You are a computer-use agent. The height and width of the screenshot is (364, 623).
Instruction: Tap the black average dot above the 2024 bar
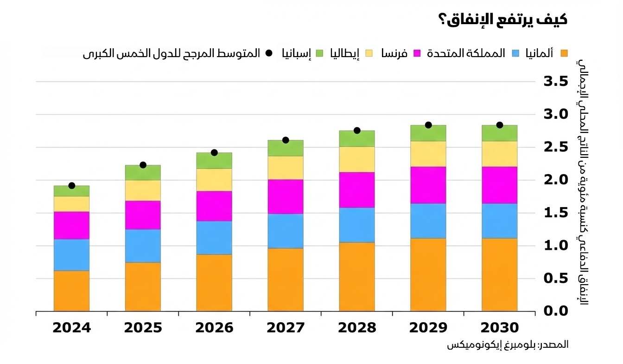tap(71, 186)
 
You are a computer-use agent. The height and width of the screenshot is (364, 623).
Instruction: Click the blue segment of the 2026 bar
tap(214, 237)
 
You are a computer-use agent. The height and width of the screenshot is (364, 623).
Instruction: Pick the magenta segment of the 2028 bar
tap(357, 189)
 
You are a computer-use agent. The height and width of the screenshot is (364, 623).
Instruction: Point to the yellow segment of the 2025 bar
tap(143, 190)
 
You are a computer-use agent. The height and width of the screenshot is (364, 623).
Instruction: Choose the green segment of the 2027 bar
tap(286, 148)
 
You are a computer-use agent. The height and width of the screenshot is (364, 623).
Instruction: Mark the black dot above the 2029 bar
tap(428, 125)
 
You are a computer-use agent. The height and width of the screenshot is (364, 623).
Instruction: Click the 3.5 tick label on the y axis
tap(555, 82)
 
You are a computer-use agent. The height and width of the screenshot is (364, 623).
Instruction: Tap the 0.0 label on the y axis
tap(555, 311)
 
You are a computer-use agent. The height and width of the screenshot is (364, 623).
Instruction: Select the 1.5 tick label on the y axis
tap(555, 213)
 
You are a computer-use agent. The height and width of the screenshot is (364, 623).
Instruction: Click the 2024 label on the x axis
tap(71, 328)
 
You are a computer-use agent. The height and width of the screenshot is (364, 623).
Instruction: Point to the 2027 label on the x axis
tap(286, 328)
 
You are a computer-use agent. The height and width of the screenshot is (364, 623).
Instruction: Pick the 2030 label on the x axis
tap(499, 328)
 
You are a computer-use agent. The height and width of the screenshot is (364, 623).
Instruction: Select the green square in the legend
tap(318, 53)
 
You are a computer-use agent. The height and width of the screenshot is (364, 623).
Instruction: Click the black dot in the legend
tap(268, 53)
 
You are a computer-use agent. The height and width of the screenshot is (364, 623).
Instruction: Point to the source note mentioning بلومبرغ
tap(507, 345)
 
